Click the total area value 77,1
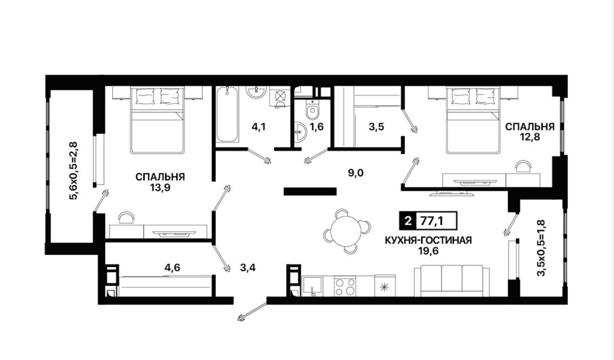tap(432, 221)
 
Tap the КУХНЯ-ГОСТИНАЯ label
tap(428, 240)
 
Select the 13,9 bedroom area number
tap(160, 188)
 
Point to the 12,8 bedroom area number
tap(531, 137)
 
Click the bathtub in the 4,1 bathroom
tap(227, 114)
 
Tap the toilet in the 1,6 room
tap(313, 109)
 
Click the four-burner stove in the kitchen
tap(345, 286)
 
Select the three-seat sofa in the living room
tap(452, 281)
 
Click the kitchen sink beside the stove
tap(312, 286)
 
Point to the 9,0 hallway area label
tap(356, 173)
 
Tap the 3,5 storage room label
tap(377, 127)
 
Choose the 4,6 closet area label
tap(172, 267)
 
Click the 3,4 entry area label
tap(248, 267)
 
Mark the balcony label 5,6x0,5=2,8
tap(75, 171)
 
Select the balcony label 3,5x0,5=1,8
tap(542, 248)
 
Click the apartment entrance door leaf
tap(252, 311)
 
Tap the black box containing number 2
tap(408, 220)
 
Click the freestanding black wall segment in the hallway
tap(310, 191)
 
